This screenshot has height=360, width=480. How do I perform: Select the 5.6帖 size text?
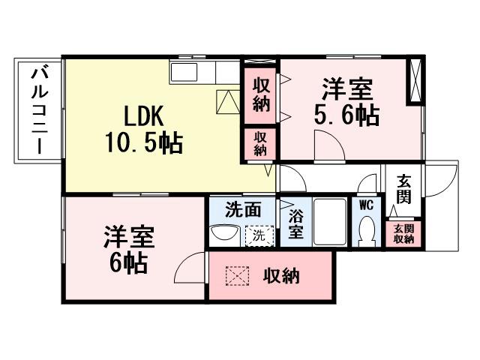(x=346, y=115)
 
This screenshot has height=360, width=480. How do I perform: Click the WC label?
(x=366, y=204)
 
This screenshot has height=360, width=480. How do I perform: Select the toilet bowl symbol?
(x=367, y=231)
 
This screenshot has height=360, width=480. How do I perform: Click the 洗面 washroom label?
(x=243, y=210)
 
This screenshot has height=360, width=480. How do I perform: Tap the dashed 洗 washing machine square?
(x=258, y=234)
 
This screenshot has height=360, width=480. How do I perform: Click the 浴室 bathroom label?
(x=296, y=223)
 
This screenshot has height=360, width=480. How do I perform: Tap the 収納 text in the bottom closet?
(x=281, y=276)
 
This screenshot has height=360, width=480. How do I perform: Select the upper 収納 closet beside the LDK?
(x=260, y=94)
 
